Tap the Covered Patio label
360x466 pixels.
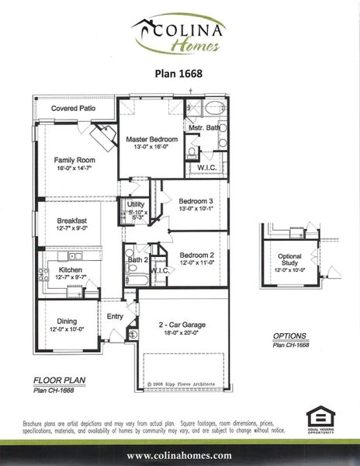click(x=74, y=109)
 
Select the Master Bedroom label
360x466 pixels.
click(x=152, y=139)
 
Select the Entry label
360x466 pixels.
click(x=115, y=316)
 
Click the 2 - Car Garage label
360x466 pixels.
click(x=183, y=324)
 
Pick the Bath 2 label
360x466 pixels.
click(x=138, y=259)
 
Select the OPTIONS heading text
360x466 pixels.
click(x=290, y=336)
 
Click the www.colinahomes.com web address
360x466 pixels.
click(x=179, y=455)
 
